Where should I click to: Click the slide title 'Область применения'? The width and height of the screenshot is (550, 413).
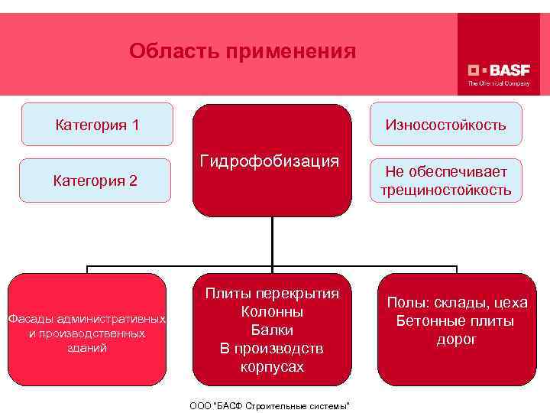pos(242,51)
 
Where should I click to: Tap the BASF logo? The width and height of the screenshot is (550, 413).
pos(498,67)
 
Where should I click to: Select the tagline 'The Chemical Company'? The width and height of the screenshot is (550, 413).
pos(498,82)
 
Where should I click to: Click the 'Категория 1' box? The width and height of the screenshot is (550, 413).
pos(97,124)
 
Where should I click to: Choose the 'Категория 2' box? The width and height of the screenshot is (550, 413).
pos(95,180)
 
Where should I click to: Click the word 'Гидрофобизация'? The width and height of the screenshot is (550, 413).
pos(270,161)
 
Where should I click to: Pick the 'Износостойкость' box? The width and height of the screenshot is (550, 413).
pos(445,124)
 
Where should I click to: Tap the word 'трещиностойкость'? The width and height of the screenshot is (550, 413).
pos(445,190)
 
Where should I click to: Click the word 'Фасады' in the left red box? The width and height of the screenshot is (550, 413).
pos(30,318)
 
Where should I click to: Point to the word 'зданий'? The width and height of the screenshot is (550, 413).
pos(88,348)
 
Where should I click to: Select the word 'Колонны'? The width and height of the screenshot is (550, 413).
pos(272,312)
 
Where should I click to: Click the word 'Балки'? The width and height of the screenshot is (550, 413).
pos(272,330)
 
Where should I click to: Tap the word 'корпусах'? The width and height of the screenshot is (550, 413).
pos(272,367)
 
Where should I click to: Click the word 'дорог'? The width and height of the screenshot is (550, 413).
pos(457,339)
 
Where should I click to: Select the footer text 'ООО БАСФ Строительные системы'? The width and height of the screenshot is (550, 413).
pos(269,405)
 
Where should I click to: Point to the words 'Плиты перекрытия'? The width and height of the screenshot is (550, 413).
pos(272,294)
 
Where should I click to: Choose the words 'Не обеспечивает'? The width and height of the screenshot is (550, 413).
pos(445,171)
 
